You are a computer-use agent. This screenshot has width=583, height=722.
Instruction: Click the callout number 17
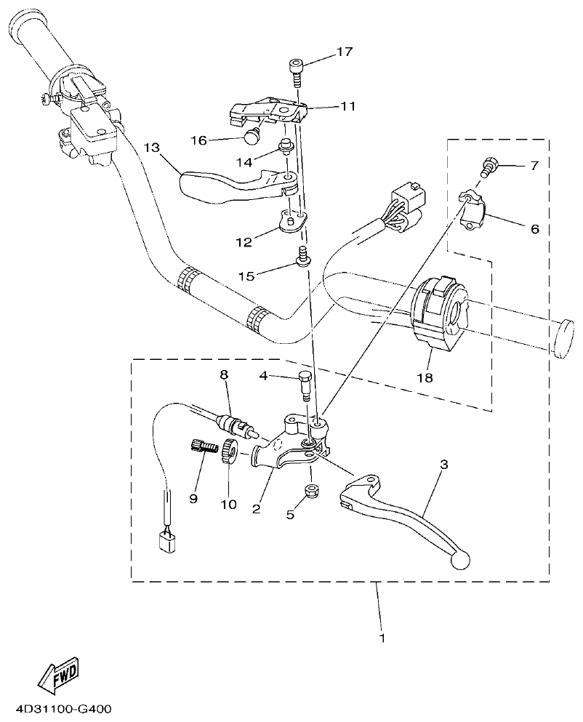(x=343, y=52)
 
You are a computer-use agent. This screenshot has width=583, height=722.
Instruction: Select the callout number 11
(x=347, y=106)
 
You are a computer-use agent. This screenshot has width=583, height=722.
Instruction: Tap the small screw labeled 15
(x=302, y=255)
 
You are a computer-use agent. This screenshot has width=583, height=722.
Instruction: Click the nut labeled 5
(x=312, y=491)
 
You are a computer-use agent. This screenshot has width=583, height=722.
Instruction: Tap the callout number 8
(x=224, y=374)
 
